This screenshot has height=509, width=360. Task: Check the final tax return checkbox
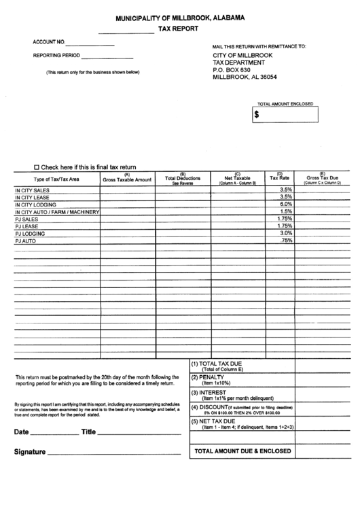(x=37, y=166)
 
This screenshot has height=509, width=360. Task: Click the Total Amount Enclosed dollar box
(x=285, y=115)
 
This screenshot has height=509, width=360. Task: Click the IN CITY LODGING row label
(x=35, y=205)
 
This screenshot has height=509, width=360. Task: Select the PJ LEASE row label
(x=26, y=226)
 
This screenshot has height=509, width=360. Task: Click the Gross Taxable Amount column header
(x=127, y=179)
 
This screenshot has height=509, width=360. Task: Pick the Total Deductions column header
(x=183, y=179)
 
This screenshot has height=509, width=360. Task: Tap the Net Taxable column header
(x=237, y=179)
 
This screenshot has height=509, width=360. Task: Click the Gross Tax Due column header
(x=322, y=179)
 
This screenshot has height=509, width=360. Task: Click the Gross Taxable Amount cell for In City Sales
(x=127, y=190)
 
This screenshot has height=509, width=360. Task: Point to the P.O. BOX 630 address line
(x=232, y=69)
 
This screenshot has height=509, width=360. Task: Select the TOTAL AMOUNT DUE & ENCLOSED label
(x=242, y=451)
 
